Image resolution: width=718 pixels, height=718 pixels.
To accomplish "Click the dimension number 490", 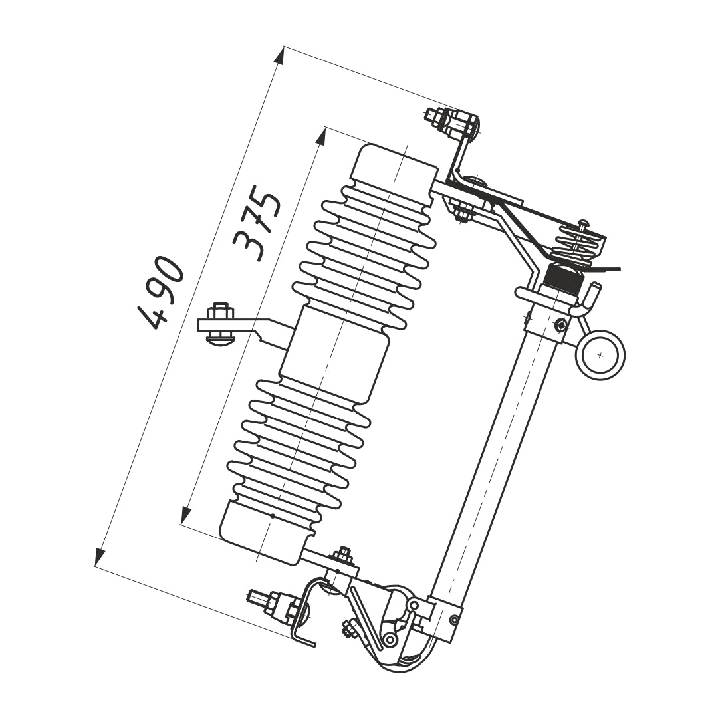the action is point(161,293).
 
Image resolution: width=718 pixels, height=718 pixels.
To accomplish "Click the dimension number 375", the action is point(257,223).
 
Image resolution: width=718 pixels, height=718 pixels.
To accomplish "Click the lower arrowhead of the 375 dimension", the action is point(186,515).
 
